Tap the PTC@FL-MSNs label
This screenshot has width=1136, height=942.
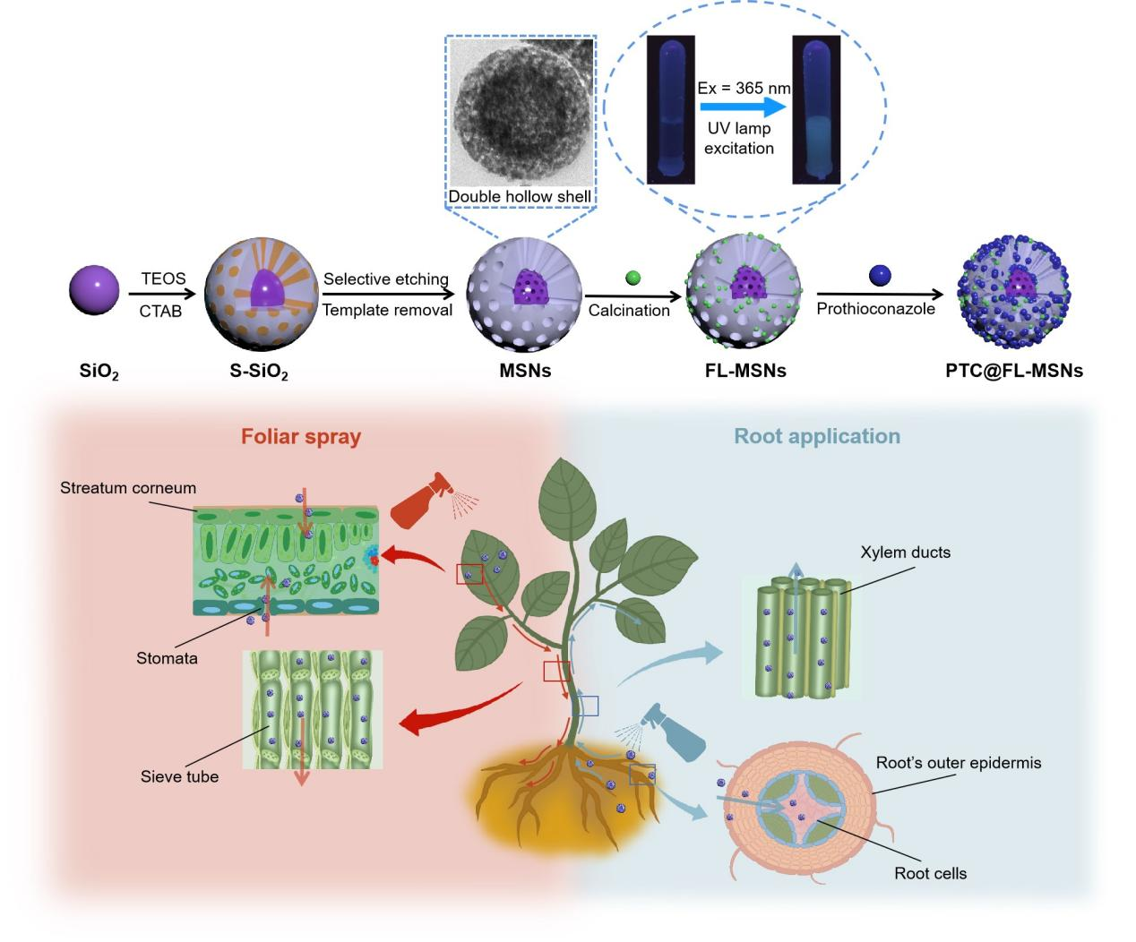tap(1013, 371)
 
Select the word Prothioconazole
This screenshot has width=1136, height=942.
tap(875, 309)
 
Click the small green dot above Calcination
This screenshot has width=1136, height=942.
tap(633, 277)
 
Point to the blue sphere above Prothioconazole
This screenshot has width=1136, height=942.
tap(881, 275)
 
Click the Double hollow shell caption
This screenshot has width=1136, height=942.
tap(520, 196)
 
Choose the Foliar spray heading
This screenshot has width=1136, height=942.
tap(301, 437)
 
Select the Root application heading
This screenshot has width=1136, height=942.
tap(816, 436)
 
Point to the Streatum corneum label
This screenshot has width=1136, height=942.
tap(128, 489)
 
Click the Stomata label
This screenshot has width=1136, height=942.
tap(167, 658)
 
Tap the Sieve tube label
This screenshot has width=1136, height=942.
tap(179, 776)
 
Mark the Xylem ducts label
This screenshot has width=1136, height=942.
tap(905, 552)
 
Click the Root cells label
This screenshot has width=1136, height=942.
tap(930, 873)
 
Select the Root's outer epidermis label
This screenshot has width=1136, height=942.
tap(958, 763)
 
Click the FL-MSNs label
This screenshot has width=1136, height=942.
tap(744, 371)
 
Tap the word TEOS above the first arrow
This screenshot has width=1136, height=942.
tap(163, 278)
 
